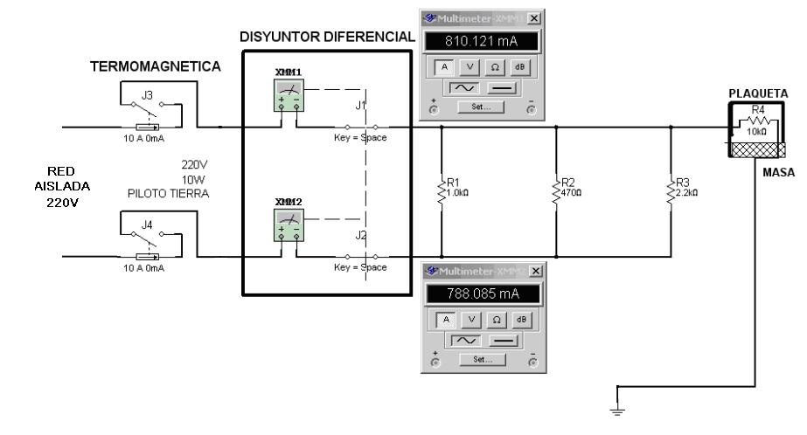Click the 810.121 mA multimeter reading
click(479, 41)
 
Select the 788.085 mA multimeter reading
click(479, 294)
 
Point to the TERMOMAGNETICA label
click(156, 66)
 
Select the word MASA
click(777, 173)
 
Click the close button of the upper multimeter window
click(534, 18)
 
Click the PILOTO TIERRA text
click(168, 194)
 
